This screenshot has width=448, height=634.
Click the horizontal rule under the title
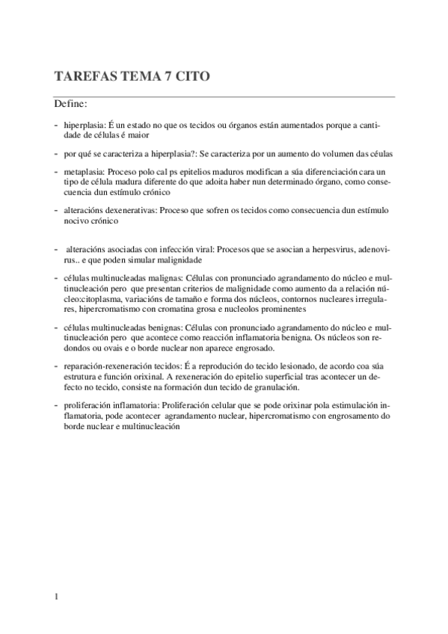click(224, 96)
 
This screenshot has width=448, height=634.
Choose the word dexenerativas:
click(135, 212)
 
